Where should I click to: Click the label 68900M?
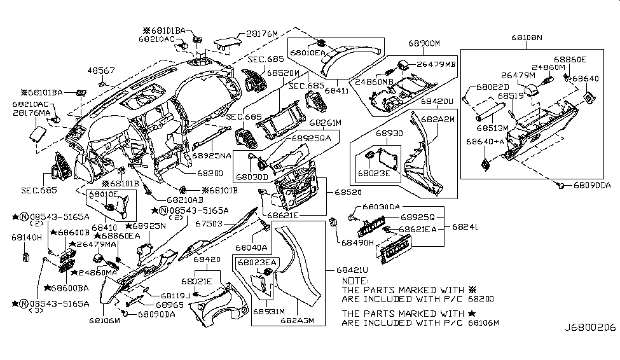(x=424, y=43)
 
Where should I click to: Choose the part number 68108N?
(x=527, y=38)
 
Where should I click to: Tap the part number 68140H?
(x=27, y=237)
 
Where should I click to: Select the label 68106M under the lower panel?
(x=104, y=321)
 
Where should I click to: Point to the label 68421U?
(x=346, y=270)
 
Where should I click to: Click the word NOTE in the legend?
(x=355, y=280)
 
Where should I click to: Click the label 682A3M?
(x=297, y=320)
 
